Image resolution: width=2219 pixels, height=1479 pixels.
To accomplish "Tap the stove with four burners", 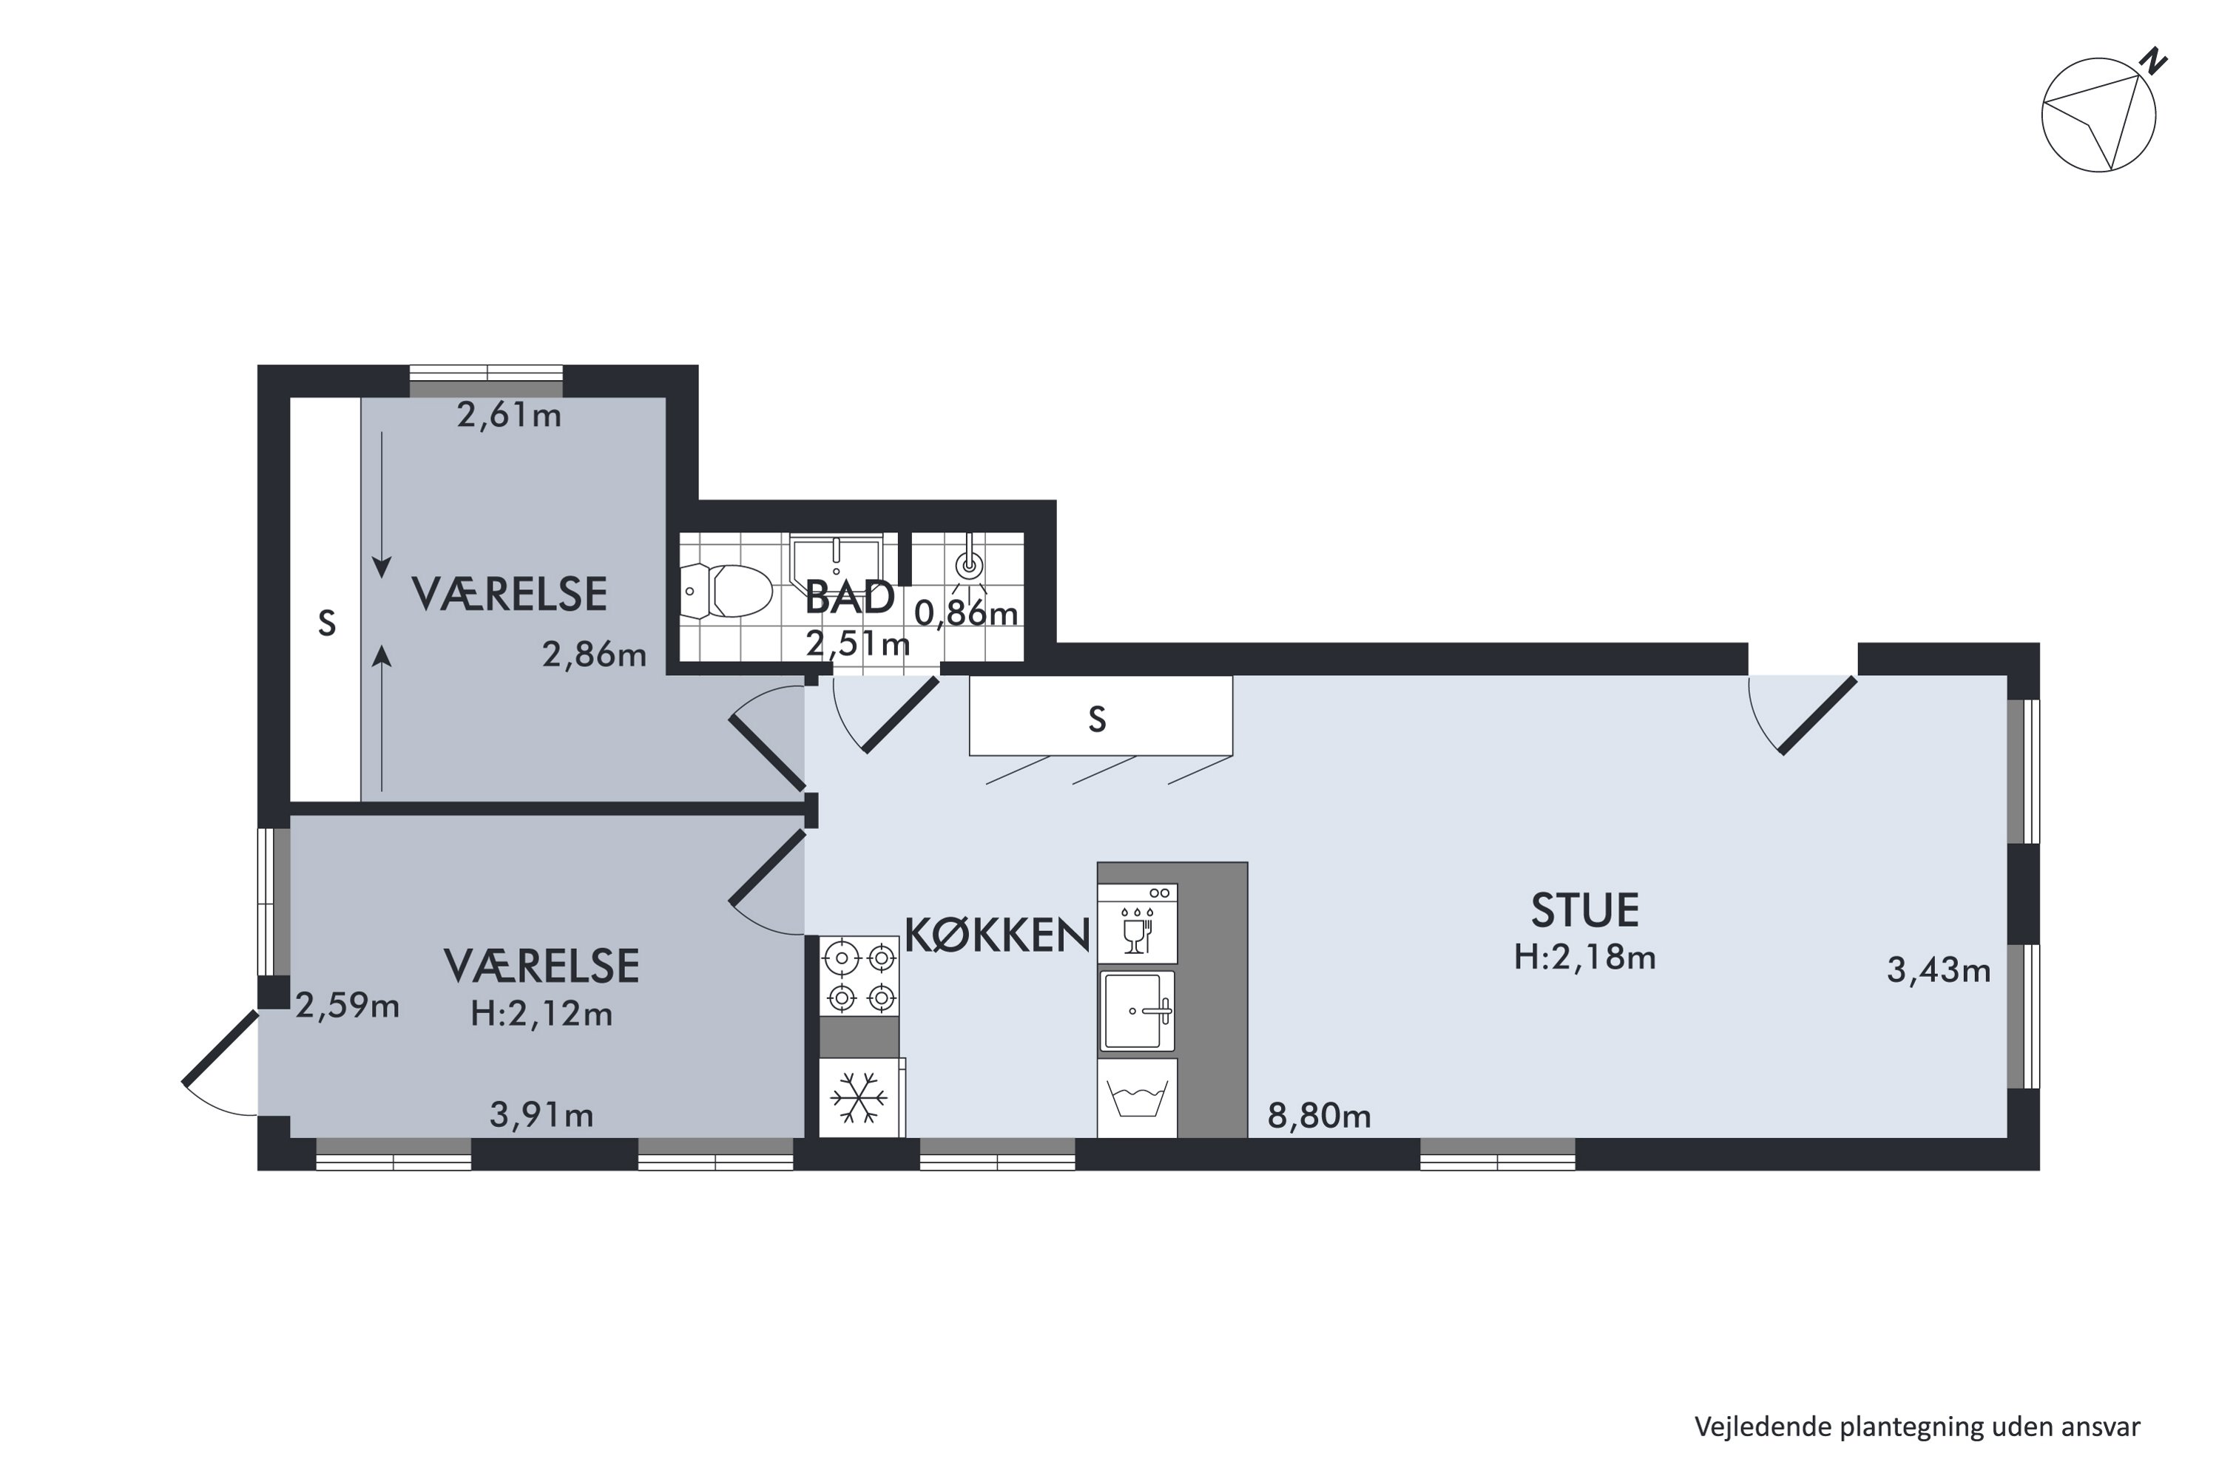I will (x=859, y=977).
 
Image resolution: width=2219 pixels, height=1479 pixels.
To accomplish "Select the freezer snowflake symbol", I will (x=859, y=1097).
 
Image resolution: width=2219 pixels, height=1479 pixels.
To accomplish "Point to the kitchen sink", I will (x=1138, y=1011).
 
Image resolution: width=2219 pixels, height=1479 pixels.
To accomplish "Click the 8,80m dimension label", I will (x=1318, y=1117).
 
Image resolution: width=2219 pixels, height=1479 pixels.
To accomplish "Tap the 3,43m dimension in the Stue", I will (x=1938, y=970).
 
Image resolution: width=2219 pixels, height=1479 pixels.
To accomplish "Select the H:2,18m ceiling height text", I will (x=1584, y=958).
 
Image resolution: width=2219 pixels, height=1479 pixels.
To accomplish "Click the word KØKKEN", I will (x=997, y=935).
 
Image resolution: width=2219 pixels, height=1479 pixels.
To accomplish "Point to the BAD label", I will (x=849, y=597).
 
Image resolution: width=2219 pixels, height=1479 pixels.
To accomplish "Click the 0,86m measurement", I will (x=966, y=614).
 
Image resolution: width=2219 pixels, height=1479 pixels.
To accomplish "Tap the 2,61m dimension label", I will (x=509, y=415).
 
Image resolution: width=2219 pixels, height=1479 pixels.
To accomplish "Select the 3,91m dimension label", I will (x=541, y=1116).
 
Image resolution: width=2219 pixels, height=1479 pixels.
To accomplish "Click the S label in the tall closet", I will (x=326, y=623).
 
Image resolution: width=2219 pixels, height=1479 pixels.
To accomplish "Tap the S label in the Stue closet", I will (x=1096, y=720).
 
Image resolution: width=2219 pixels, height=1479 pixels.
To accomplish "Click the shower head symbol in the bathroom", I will (x=969, y=564).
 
